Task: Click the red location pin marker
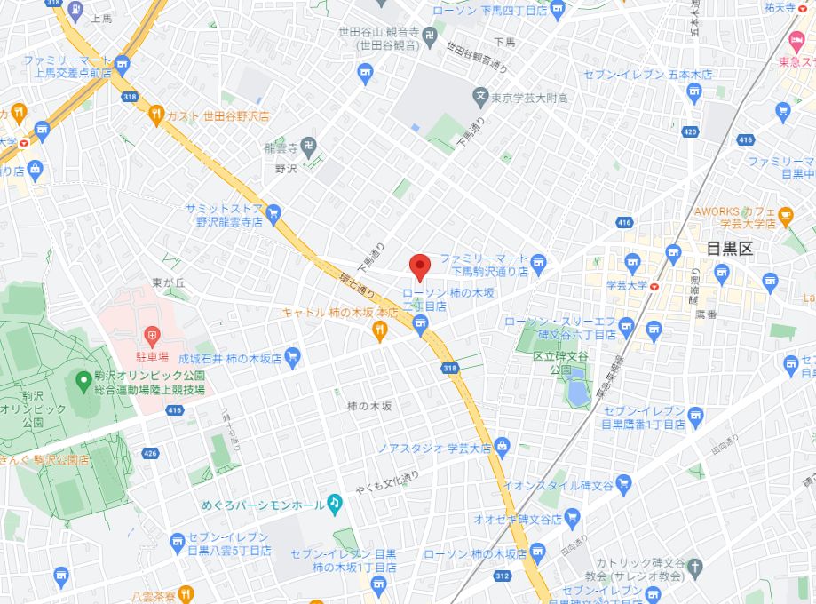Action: [419, 266]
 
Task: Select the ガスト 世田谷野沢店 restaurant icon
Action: [157, 114]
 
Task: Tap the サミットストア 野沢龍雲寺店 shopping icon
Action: [273, 212]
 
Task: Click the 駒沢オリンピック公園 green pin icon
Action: [83, 381]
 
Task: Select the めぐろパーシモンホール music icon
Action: [334, 504]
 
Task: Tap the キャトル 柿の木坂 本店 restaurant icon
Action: [380, 331]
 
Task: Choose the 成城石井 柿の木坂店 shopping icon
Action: [292, 358]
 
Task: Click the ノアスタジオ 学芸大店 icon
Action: [503, 444]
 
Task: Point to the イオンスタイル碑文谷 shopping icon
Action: [622, 484]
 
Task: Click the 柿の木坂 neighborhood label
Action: [369, 405]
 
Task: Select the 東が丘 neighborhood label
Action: [168, 282]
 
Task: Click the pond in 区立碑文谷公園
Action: [576, 390]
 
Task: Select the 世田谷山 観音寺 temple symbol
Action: [431, 36]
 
